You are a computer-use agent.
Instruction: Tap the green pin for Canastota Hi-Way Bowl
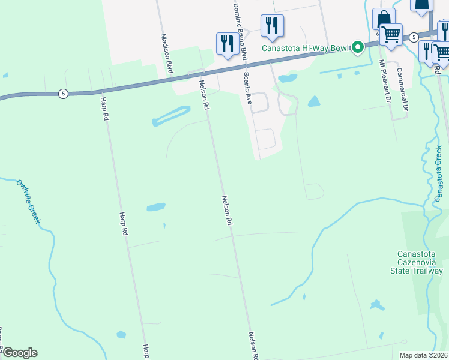358,46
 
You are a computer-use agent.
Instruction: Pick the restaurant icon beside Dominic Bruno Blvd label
271,25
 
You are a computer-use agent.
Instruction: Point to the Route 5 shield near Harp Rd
62,93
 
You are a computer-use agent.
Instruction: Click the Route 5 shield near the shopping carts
414,37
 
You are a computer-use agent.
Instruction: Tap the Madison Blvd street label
167,53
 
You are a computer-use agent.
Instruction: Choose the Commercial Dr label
402,88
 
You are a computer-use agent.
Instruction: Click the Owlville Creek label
28,202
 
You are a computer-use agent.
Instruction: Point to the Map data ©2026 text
423,355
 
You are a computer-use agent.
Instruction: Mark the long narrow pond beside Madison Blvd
172,116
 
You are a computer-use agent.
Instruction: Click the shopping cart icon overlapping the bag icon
392,35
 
